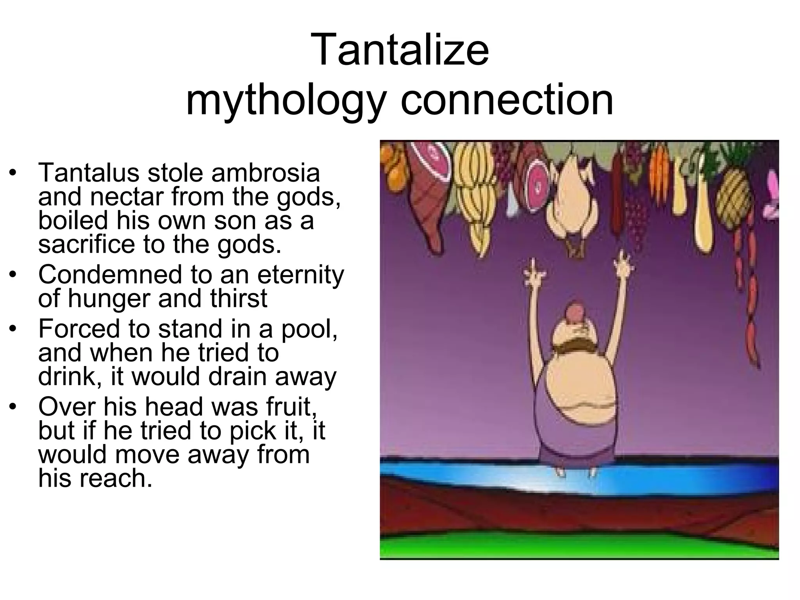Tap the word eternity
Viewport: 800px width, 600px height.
point(300,274)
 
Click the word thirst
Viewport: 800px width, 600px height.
point(239,298)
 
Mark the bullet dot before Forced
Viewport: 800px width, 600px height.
point(13,329)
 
